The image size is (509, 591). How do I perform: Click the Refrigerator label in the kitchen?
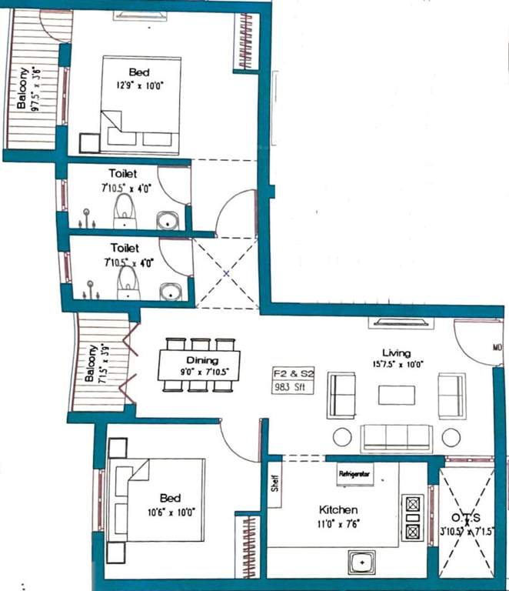tap(355, 475)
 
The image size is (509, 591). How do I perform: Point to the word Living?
tap(396, 353)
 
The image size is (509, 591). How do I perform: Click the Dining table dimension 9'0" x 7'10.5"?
tap(199, 372)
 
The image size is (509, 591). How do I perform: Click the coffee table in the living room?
tap(397, 395)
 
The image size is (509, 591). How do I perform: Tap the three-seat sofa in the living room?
tap(397, 437)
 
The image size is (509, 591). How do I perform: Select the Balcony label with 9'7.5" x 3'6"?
tap(31, 91)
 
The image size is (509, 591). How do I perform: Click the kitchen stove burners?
tap(412, 517)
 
